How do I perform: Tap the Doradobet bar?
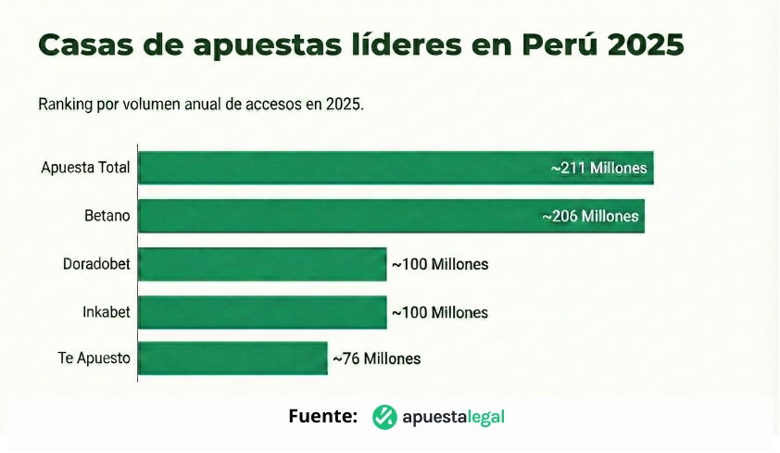coord(262,264)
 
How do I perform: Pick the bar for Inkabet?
coord(262,312)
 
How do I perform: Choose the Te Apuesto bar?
coord(233,359)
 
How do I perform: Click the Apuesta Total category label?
coord(85,168)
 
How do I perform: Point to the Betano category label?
coord(107,216)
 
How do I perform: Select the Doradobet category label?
coord(96,264)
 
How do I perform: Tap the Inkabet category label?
coord(106,312)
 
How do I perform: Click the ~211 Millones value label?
coord(598,169)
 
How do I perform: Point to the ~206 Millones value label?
coord(590,217)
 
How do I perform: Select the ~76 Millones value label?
coord(376,359)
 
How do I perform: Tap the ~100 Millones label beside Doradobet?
coord(439,265)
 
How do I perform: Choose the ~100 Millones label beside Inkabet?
coord(439,313)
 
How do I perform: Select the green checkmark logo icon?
coord(384,418)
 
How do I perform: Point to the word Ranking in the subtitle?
coord(66,104)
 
